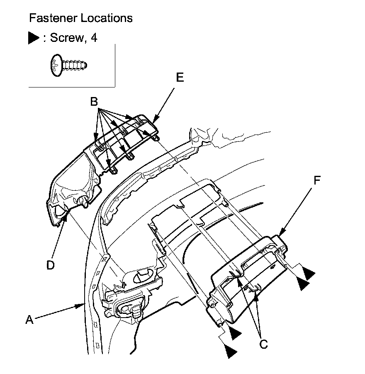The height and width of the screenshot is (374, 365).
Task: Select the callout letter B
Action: (x=94, y=102)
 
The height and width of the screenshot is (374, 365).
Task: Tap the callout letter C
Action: (x=263, y=343)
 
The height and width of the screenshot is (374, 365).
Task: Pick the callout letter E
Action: (x=180, y=78)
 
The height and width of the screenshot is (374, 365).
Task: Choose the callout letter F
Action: (x=317, y=180)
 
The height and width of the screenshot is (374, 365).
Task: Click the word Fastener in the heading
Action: (x=51, y=18)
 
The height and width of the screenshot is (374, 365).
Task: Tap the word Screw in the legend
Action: (x=66, y=38)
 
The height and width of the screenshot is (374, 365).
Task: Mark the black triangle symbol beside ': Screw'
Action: (x=34, y=38)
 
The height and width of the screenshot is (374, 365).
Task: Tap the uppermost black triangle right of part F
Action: (x=309, y=273)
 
